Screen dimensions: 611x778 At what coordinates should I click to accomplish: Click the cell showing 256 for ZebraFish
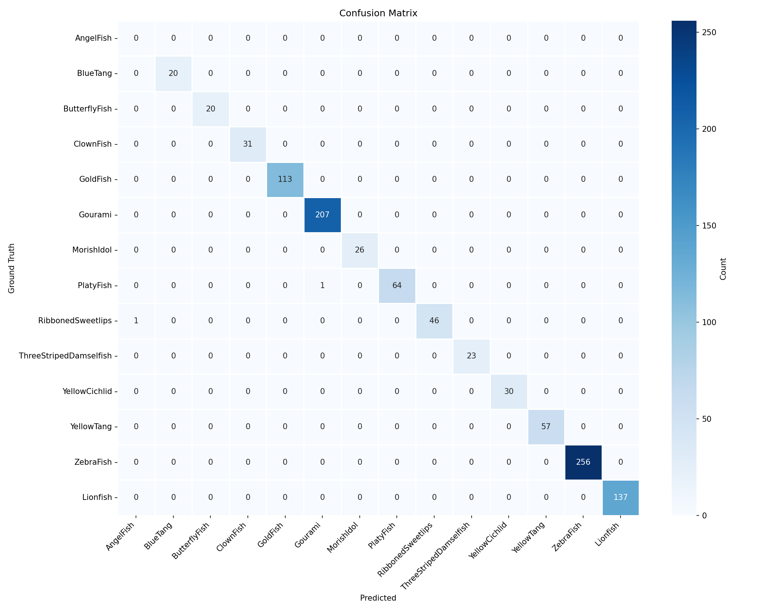[x=583, y=462]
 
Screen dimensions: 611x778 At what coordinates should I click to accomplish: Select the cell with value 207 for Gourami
[x=322, y=215]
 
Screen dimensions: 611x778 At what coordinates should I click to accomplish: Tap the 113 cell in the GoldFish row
[x=285, y=179]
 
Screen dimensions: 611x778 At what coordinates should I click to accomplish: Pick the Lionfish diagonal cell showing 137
[x=621, y=497]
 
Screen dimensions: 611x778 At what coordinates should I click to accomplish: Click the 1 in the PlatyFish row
[x=322, y=286]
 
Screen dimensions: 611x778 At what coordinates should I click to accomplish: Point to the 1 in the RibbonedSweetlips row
[x=136, y=321]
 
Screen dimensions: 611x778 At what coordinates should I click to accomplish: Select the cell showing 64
[x=397, y=286]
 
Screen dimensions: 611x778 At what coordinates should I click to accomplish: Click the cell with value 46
[x=434, y=321]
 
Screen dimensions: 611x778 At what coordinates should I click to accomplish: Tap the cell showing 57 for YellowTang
[x=546, y=427]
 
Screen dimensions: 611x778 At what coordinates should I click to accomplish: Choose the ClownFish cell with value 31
[x=247, y=144]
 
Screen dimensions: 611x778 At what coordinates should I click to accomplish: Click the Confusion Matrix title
[x=378, y=13]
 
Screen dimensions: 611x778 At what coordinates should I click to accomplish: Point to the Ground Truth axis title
[x=11, y=268]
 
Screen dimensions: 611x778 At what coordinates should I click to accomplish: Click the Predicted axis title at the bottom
[x=378, y=598]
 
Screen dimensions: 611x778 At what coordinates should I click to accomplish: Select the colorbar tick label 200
[x=709, y=129]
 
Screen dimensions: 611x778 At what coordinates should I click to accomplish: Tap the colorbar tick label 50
[x=706, y=419]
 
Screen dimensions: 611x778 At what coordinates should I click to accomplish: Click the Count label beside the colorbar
[x=723, y=269]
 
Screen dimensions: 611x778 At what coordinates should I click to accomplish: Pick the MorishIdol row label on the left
[x=92, y=250]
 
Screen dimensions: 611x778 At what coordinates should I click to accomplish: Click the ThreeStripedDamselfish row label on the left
[x=65, y=356]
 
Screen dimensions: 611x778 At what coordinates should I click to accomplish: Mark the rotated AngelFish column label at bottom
[x=120, y=537]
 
